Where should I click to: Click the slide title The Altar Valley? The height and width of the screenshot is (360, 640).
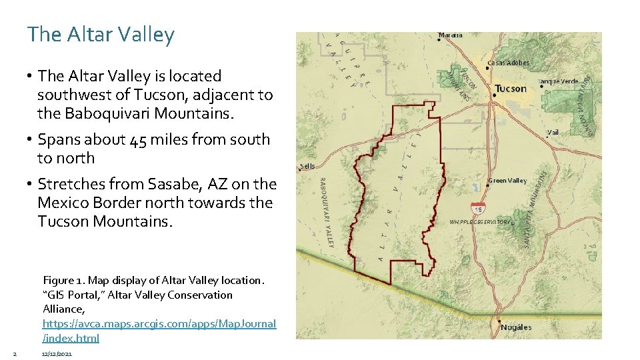[x=100, y=35]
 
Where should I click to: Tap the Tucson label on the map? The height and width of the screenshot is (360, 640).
[x=511, y=89]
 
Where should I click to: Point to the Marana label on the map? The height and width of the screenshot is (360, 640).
[x=451, y=35]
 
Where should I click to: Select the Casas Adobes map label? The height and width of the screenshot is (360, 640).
[x=508, y=63]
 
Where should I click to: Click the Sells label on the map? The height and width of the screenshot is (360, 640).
[x=307, y=166]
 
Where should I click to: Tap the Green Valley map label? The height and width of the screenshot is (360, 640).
[x=507, y=181]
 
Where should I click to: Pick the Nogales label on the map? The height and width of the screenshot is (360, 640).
[x=517, y=327]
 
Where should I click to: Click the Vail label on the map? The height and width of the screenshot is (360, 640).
[x=553, y=133]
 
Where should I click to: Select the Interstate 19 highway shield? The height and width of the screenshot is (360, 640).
[x=477, y=208]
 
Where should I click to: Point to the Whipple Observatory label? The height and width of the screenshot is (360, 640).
[x=479, y=221]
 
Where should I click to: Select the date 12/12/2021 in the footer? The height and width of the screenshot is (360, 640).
[x=56, y=353]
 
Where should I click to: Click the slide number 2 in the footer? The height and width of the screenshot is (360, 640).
[x=13, y=353]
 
